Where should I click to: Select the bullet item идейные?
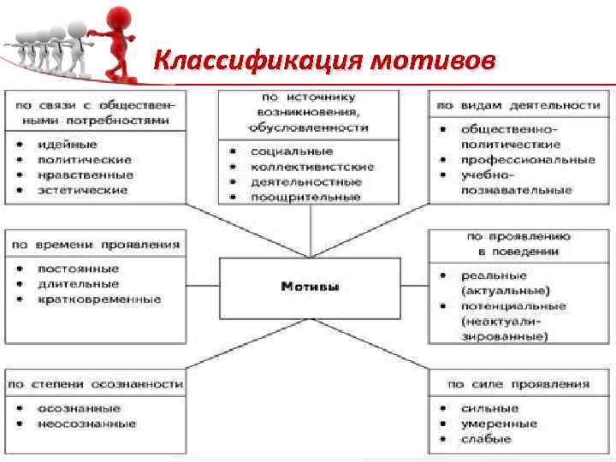67,144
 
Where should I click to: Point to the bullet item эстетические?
82,189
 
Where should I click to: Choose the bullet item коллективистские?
312,167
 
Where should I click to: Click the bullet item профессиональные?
528,159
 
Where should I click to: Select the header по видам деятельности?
518,105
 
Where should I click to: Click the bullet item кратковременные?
98,299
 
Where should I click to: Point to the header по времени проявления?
95,244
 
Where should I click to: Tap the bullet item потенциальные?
513,305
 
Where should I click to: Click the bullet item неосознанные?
86,423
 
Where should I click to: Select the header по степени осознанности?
95,384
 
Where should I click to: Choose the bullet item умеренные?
499,423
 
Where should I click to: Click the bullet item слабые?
486,439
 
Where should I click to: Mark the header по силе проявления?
518,384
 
